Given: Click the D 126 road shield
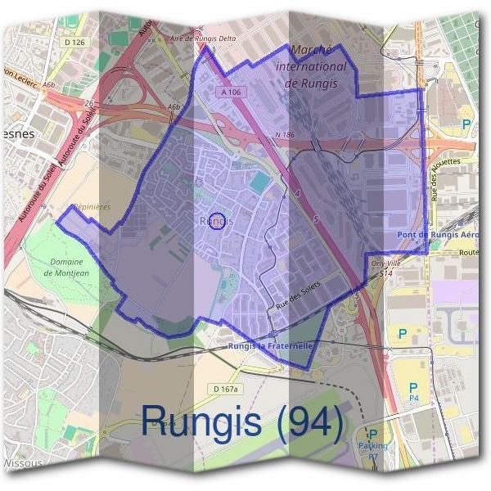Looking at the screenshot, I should (73, 42).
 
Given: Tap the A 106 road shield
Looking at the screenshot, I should (231, 93).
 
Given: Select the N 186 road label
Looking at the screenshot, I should (284, 134).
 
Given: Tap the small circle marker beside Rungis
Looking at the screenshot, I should (217, 221).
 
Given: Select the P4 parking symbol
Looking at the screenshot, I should (412, 390).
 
